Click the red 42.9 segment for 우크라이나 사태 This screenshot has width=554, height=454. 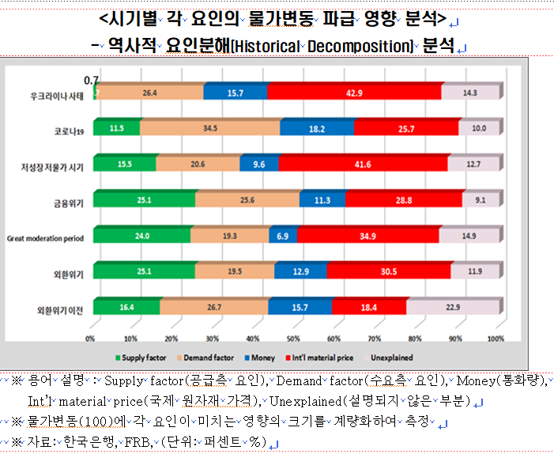click(x=353, y=93)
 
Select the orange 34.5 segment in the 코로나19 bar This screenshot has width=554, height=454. click(x=209, y=128)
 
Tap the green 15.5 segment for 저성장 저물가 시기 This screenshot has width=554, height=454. click(x=124, y=164)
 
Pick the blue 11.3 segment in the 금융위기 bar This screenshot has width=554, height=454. click(x=322, y=200)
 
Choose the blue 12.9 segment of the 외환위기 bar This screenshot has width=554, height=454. click(x=300, y=271)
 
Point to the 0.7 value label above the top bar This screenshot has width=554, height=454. click(x=91, y=79)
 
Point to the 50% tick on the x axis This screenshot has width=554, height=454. click(x=294, y=339)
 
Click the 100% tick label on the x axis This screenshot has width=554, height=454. click(x=495, y=339)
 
